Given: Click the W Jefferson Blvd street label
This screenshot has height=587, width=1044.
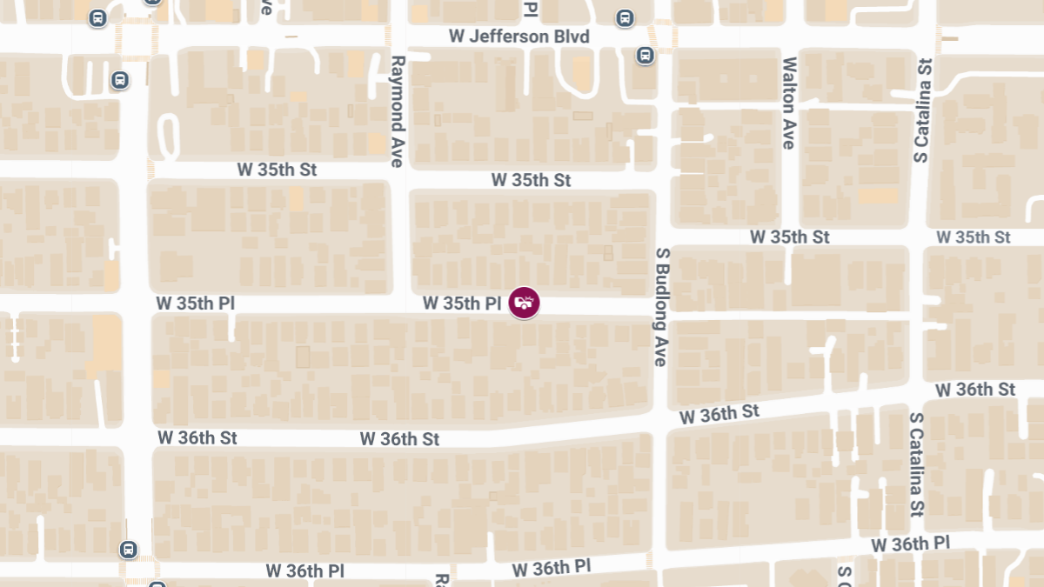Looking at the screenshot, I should (x=519, y=37).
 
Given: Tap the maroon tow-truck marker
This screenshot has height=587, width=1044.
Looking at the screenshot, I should (x=524, y=303).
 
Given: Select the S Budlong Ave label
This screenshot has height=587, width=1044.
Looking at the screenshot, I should (x=662, y=306).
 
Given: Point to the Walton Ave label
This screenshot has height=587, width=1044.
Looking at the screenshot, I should (x=789, y=103).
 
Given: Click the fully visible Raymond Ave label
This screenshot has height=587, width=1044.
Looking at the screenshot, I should (x=398, y=111).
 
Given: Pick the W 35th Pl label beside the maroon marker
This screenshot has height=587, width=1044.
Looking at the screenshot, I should (x=463, y=304).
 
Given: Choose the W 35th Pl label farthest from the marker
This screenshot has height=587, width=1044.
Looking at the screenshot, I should (x=196, y=304).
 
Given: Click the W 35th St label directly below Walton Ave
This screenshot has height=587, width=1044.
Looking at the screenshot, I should (x=790, y=237).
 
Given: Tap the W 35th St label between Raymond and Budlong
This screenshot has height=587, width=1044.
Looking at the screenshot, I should (x=531, y=180).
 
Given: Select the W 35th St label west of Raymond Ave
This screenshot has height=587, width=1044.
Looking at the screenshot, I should (x=277, y=170).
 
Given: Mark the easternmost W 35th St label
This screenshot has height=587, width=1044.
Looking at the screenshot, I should (x=973, y=237).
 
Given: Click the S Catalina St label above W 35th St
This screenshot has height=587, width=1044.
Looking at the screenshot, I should (x=923, y=110).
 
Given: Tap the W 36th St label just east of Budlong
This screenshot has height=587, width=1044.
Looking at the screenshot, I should (x=719, y=414).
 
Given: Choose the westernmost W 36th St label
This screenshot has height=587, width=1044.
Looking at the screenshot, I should (x=197, y=437).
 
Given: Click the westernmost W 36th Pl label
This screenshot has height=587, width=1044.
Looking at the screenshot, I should (x=304, y=571).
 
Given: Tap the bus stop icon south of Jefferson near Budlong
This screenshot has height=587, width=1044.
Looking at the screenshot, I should (x=645, y=56).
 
